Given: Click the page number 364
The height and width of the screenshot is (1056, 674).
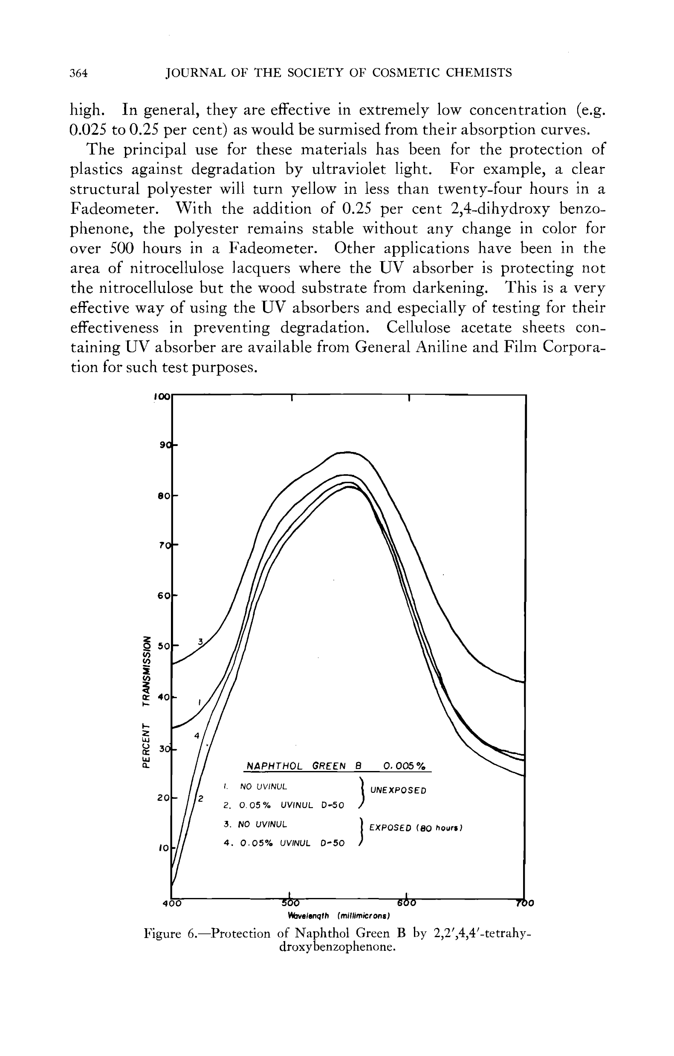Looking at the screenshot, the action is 79,73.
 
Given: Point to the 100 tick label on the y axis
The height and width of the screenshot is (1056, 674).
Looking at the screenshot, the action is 162,396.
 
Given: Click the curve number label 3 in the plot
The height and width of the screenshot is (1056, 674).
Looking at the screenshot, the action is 200,642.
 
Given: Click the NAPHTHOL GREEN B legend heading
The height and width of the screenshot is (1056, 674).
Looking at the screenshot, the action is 303,766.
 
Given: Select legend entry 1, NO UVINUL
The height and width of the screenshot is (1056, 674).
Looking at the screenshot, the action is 255,787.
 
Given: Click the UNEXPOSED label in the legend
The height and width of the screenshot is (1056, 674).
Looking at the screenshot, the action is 399,791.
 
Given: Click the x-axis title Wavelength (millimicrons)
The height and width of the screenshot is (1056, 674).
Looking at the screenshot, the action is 339,916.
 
